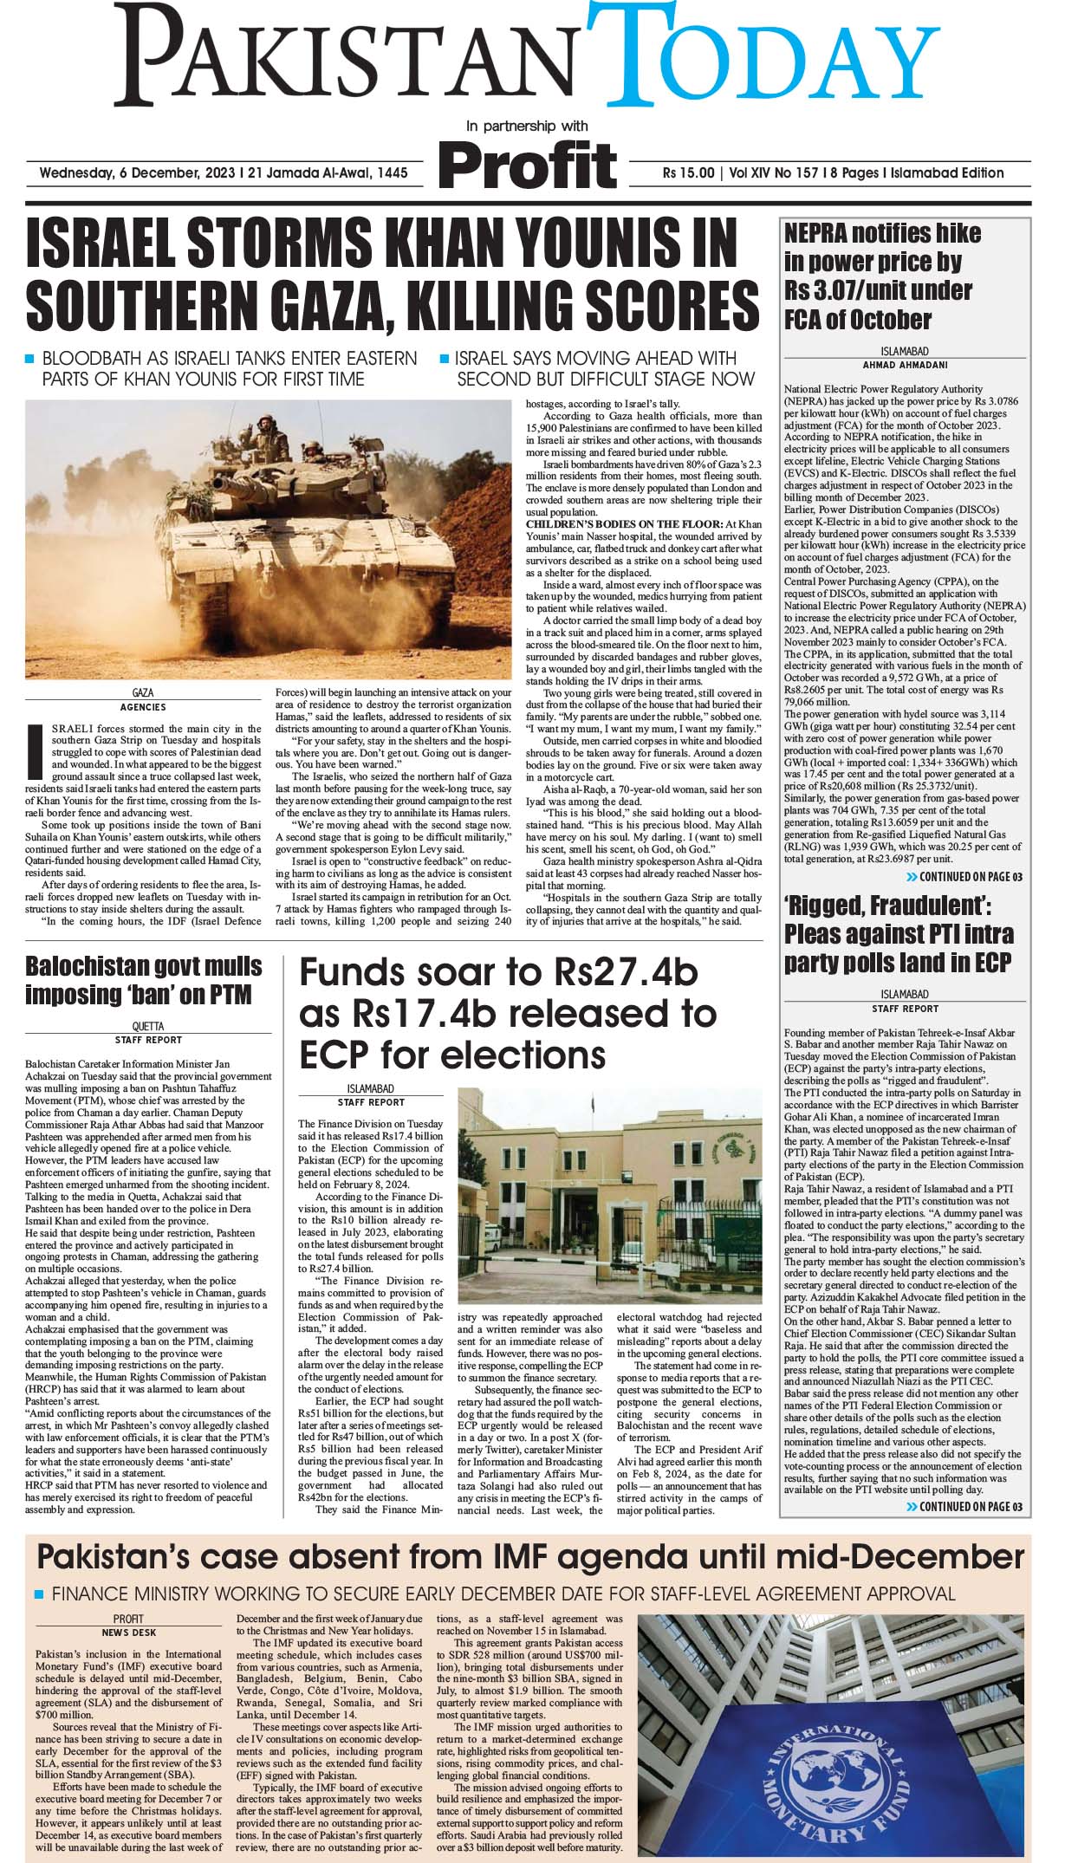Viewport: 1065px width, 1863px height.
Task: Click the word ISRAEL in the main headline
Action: [114, 246]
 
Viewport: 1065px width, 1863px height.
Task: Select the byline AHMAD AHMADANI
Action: [905, 365]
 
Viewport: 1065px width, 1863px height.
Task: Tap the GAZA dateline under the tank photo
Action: [142, 694]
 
